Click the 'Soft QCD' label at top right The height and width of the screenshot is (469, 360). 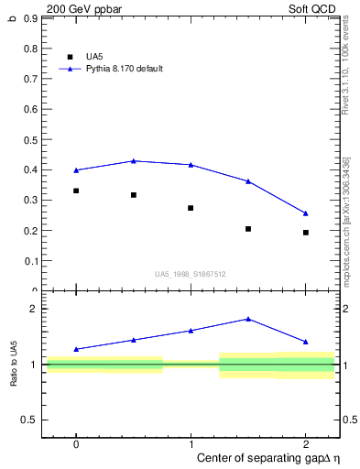[x=314, y=8]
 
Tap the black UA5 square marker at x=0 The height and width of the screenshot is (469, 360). [x=76, y=191]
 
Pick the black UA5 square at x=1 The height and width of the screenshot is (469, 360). [x=191, y=208]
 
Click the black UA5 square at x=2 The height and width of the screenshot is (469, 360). [x=305, y=233]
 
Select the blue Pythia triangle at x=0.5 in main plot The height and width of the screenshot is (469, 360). [x=134, y=161]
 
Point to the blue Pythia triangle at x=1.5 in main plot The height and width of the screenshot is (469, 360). [x=248, y=181]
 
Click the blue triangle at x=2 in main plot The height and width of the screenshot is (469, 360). [x=305, y=213]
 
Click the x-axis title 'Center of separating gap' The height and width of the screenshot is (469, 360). [x=255, y=457]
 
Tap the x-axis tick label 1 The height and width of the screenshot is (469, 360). [x=191, y=443]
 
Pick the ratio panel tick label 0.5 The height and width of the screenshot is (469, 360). [x=29, y=420]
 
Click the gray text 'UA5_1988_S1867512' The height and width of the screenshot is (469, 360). [x=191, y=274]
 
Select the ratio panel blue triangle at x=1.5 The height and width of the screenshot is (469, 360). [x=248, y=319]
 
